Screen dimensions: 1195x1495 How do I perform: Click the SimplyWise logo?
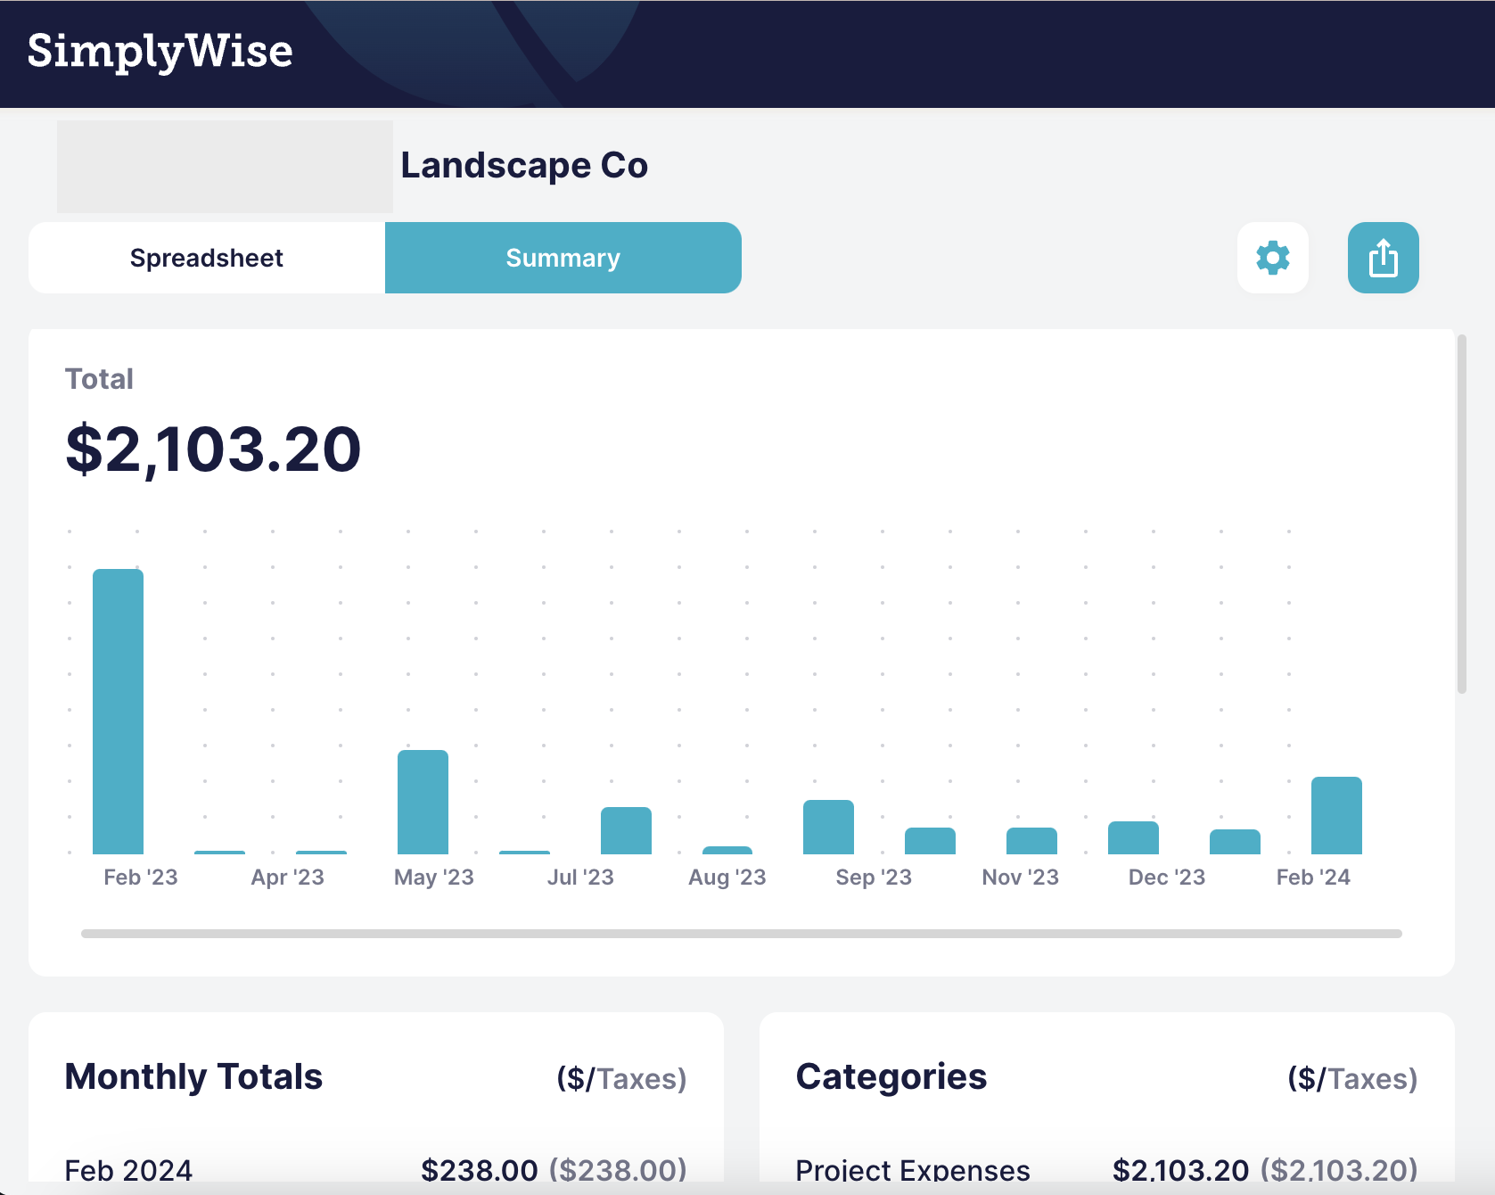coord(160,51)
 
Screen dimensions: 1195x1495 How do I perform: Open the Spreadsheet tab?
coord(207,258)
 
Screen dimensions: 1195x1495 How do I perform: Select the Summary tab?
coord(563,258)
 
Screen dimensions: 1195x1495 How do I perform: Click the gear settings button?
coord(1272,258)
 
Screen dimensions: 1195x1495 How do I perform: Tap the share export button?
coord(1383,258)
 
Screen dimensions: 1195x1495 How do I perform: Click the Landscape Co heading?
coord(524,165)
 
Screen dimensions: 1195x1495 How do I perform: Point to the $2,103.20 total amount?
coord(213,449)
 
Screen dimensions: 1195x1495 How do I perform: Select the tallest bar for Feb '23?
coord(118,712)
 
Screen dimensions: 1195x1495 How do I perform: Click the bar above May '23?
coord(423,802)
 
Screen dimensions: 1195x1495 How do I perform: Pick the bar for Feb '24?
coord(1336,815)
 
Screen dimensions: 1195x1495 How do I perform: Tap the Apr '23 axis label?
coord(287,878)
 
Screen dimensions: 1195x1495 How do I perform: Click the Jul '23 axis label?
coord(580,878)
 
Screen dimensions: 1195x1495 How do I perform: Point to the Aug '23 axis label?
coord(727,878)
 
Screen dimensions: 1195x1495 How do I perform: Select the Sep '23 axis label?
coord(874,878)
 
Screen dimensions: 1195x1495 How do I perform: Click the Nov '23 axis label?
coord(1020,878)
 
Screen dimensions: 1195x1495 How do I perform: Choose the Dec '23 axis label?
coord(1166,878)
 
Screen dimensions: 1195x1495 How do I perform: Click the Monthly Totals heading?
coord(193,1076)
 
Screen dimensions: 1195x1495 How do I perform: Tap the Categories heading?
coord(891,1076)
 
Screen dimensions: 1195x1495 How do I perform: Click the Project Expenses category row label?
coord(913,1170)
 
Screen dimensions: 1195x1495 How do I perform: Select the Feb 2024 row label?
coord(128,1170)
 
